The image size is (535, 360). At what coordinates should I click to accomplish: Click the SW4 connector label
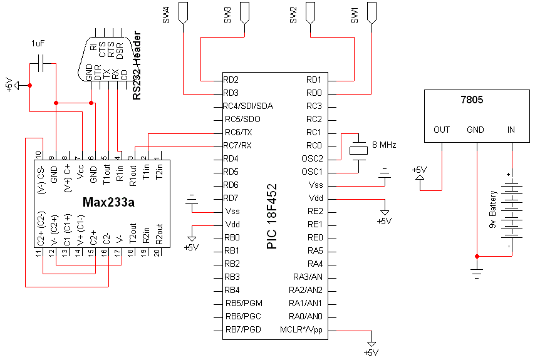167,16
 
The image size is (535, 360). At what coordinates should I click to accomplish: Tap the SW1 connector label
355,16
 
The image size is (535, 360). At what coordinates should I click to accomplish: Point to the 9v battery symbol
513,213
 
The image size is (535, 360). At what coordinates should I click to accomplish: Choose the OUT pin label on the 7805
442,130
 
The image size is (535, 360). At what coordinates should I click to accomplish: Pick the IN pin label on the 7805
511,130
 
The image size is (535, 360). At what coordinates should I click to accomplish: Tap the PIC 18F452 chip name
272,216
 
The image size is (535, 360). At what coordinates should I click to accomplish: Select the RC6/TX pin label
239,133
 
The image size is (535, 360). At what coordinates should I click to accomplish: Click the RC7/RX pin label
239,146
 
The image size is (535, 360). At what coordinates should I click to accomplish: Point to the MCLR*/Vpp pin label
301,330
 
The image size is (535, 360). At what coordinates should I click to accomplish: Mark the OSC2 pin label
311,159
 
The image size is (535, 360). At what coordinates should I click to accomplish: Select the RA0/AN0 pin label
306,317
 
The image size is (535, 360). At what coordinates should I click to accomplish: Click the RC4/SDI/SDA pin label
249,106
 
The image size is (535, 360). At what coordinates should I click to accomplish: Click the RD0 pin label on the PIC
314,93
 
